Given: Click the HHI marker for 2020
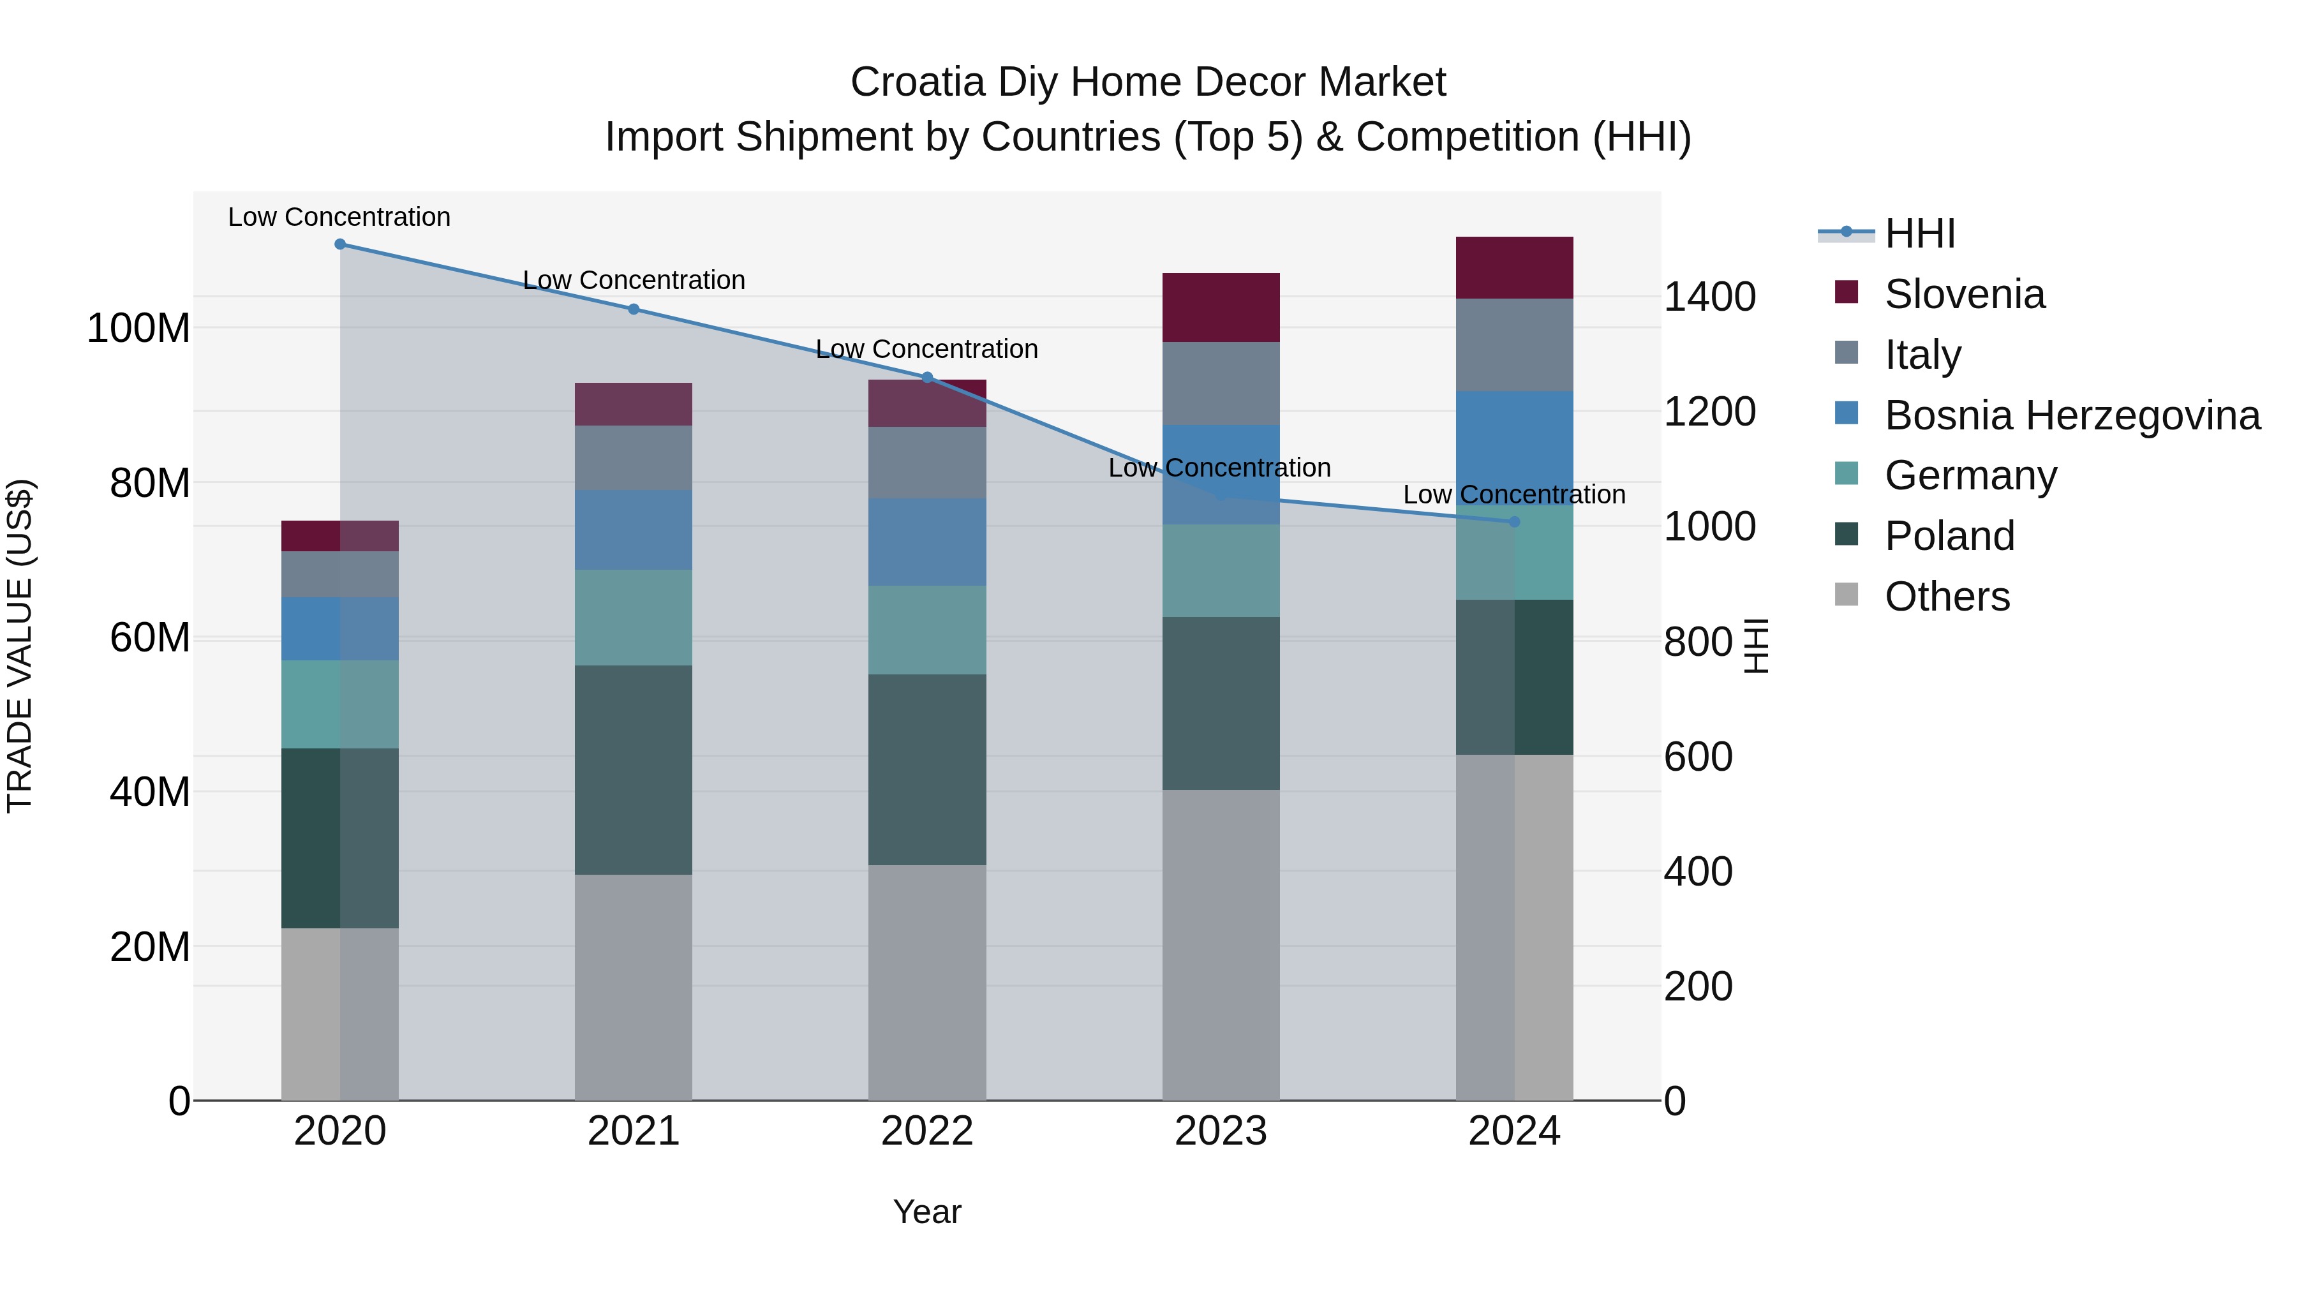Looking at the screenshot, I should tap(339, 244).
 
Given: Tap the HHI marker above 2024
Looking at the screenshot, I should tap(1514, 522).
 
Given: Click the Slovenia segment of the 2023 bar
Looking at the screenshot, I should tap(1221, 308).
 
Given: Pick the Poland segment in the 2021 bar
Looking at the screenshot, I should tap(633, 769).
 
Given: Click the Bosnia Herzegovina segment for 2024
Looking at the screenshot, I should tap(1514, 446).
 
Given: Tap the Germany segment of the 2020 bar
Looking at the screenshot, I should tap(339, 704).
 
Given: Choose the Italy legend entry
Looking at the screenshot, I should tap(1922, 355).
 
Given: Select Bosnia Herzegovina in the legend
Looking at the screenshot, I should tap(2071, 415).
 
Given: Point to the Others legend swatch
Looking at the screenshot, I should tap(1847, 595).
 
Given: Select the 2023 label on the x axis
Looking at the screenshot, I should tap(1221, 1131).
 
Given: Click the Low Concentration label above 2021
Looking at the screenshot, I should tap(633, 280).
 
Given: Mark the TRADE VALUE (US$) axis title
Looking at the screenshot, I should tap(20, 646).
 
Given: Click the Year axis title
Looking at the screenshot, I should tap(927, 1212).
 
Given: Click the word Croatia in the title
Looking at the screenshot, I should tap(918, 82).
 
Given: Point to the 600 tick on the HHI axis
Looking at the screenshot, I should tap(1698, 756).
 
